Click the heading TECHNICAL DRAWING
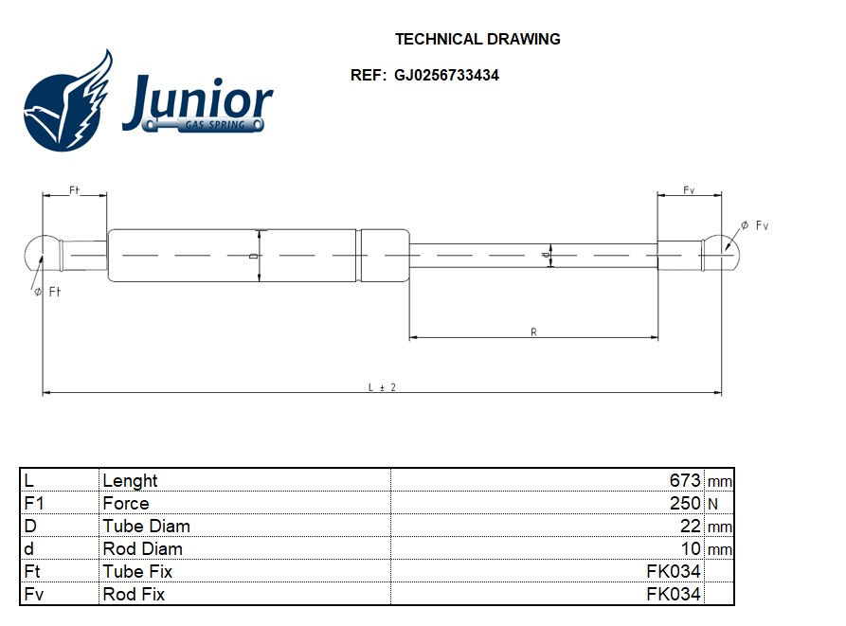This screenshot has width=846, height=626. pyautogui.click(x=477, y=40)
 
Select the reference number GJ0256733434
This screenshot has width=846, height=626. pyautogui.click(x=447, y=76)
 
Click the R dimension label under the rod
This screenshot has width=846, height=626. pyautogui.click(x=534, y=331)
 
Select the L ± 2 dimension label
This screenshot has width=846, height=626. pyautogui.click(x=382, y=387)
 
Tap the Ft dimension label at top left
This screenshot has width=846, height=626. pyautogui.click(x=74, y=190)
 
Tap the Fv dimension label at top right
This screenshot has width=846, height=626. pyautogui.click(x=690, y=190)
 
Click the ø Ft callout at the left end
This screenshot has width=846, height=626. pyautogui.click(x=47, y=292)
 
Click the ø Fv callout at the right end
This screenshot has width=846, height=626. pyautogui.click(x=755, y=225)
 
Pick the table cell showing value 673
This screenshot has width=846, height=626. pyautogui.click(x=685, y=480)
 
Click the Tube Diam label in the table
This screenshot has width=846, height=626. pyautogui.click(x=146, y=526)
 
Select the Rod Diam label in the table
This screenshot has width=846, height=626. pyautogui.click(x=142, y=548)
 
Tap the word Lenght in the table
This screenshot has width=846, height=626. pyautogui.click(x=130, y=480)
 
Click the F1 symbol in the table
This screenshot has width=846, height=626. pyautogui.click(x=34, y=503)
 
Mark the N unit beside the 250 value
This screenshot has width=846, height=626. pyautogui.click(x=713, y=504)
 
